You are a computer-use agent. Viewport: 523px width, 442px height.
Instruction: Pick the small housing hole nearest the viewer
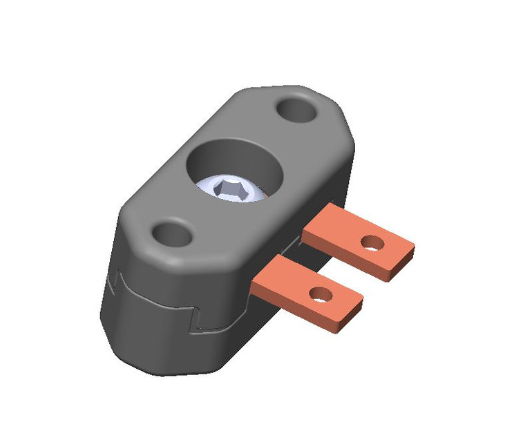tap(171, 234)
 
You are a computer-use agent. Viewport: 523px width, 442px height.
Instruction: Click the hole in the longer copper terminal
tap(372, 242)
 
